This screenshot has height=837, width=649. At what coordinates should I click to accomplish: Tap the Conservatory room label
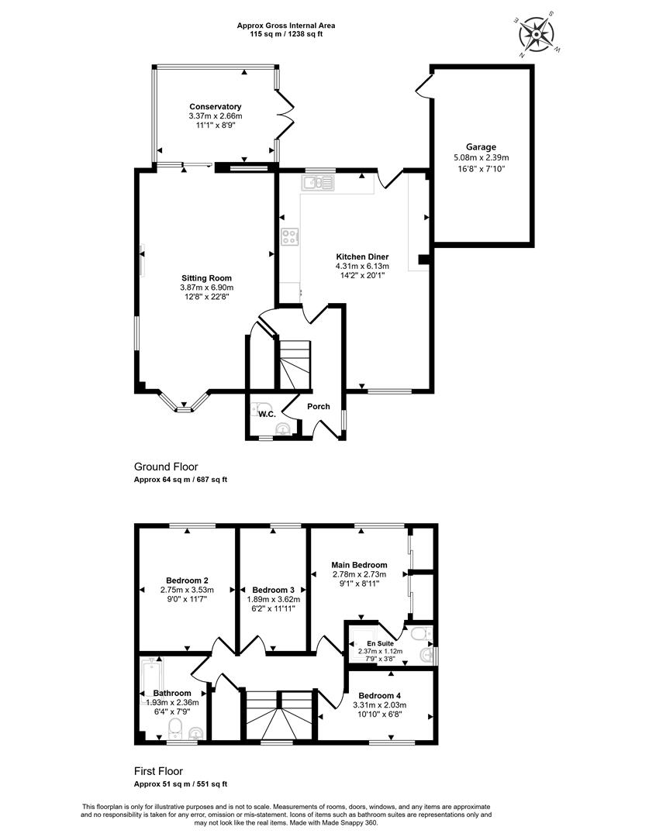(x=216, y=107)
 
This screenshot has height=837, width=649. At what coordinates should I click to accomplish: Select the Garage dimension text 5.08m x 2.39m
(x=482, y=157)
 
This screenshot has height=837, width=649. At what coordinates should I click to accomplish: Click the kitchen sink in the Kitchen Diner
(x=317, y=183)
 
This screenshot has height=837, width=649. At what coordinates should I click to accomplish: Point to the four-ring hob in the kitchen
(x=290, y=236)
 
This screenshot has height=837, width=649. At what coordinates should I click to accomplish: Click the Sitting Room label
(x=207, y=278)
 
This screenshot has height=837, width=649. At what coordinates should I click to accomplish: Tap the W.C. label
(x=267, y=414)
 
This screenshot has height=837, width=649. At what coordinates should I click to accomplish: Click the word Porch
(x=319, y=406)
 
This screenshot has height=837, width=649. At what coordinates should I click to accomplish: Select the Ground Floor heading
(x=166, y=467)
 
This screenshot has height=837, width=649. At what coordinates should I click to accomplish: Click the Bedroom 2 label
(x=187, y=580)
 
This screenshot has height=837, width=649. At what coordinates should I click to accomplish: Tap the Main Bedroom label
(x=360, y=565)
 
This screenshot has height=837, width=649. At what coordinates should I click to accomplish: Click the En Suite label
(x=380, y=643)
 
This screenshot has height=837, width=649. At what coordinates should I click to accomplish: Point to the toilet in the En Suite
(x=423, y=634)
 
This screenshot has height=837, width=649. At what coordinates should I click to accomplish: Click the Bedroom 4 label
(x=379, y=695)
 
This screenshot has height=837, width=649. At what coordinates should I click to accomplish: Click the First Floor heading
(x=158, y=771)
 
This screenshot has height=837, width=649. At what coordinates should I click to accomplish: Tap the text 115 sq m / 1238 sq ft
(x=286, y=33)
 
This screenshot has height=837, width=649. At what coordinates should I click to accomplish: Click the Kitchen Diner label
(x=362, y=257)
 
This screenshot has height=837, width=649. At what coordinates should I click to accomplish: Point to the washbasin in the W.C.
(x=283, y=429)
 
